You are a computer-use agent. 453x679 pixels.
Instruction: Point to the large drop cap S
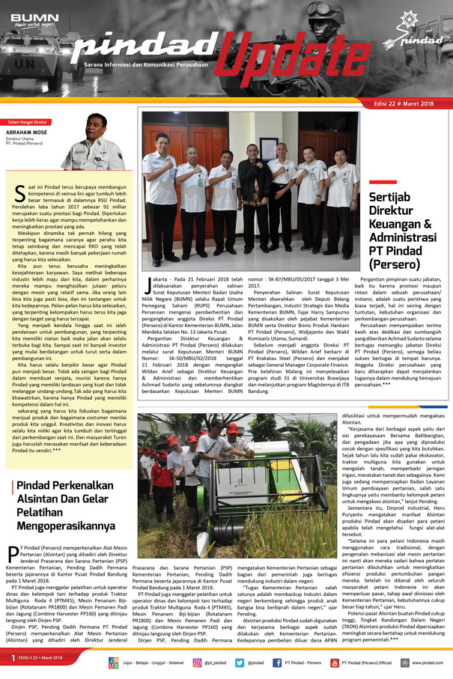click(20, 193)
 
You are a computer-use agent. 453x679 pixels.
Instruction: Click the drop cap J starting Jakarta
click(147, 282)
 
